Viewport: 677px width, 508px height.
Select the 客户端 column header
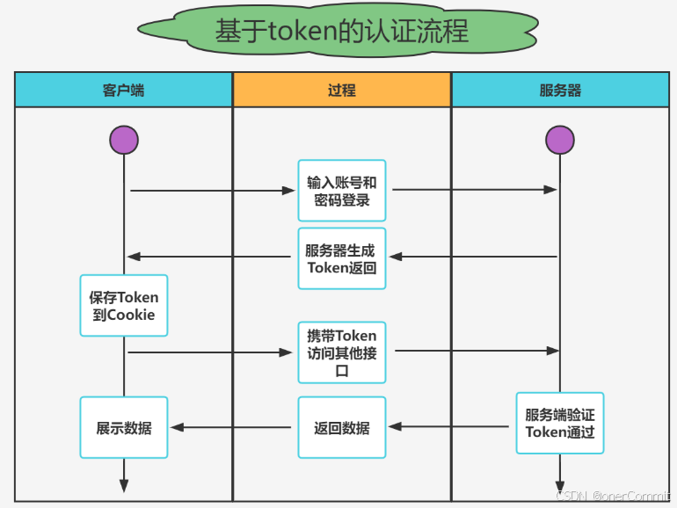coord(123,90)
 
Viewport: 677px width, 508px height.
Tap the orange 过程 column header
coord(341,90)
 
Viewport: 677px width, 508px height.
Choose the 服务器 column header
coord(560,90)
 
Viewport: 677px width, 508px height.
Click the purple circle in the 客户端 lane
coord(124,140)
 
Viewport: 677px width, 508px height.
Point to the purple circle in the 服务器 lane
coord(560,140)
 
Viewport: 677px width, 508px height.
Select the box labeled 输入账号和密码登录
coord(341,191)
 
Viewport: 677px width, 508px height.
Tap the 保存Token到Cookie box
coord(124,305)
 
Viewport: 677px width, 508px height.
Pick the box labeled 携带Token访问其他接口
coord(341,352)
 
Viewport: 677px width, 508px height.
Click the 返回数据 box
coord(341,428)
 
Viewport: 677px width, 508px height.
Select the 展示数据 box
coord(124,428)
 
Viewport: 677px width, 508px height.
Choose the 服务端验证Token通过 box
coord(560,422)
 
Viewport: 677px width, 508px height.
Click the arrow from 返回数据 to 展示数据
coord(231,428)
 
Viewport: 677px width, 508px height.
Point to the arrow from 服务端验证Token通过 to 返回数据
coord(449,427)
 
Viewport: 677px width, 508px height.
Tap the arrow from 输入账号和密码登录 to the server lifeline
coord(475,190)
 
